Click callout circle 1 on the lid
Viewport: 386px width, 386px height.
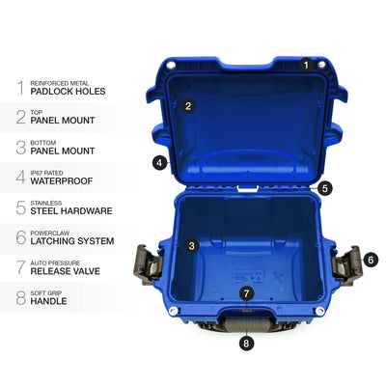pyautogui.click(x=306, y=66)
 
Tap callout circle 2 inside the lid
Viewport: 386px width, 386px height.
pyautogui.click(x=188, y=106)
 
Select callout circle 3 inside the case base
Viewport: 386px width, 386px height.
pyautogui.click(x=192, y=246)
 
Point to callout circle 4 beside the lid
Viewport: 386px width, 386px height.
pyautogui.click(x=160, y=163)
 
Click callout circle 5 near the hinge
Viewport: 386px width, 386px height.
pyautogui.click(x=325, y=188)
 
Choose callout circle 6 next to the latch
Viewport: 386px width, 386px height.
pyautogui.click(x=371, y=260)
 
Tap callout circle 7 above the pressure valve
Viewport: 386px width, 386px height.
pyautogui.click(x=246, y=293)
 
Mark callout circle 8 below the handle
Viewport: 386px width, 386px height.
pyautogui.click(x=246, y=344)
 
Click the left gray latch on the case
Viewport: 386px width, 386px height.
pyautogui.click(x=148, y=264)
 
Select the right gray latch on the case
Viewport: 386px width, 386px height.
pyautogui.click(x=347, y=265)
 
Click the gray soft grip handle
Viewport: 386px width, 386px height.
pyautogui.click(x=246, y=324)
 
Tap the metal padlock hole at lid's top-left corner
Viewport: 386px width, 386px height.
pyautogui.click(x=171, y=65)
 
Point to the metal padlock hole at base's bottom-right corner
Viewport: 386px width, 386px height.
pyautogui.click(x=319, y=311)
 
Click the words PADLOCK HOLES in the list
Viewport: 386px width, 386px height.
pyautogui.click(x=68, y=92)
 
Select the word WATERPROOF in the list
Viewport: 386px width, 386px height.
pyautogui.click(x=62, y=181)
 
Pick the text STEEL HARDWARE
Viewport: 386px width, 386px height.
pyautogui.click(x=71, y=211)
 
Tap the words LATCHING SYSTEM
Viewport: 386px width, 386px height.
pyautogui.click(x=72, y=241)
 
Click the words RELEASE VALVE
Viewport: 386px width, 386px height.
pyautogui.click(x=66, y=271)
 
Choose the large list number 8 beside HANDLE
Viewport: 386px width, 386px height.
pyautogui.click(x=21, y=297)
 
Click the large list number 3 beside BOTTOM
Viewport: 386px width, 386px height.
pyautogui.click(x=21, y=148)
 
